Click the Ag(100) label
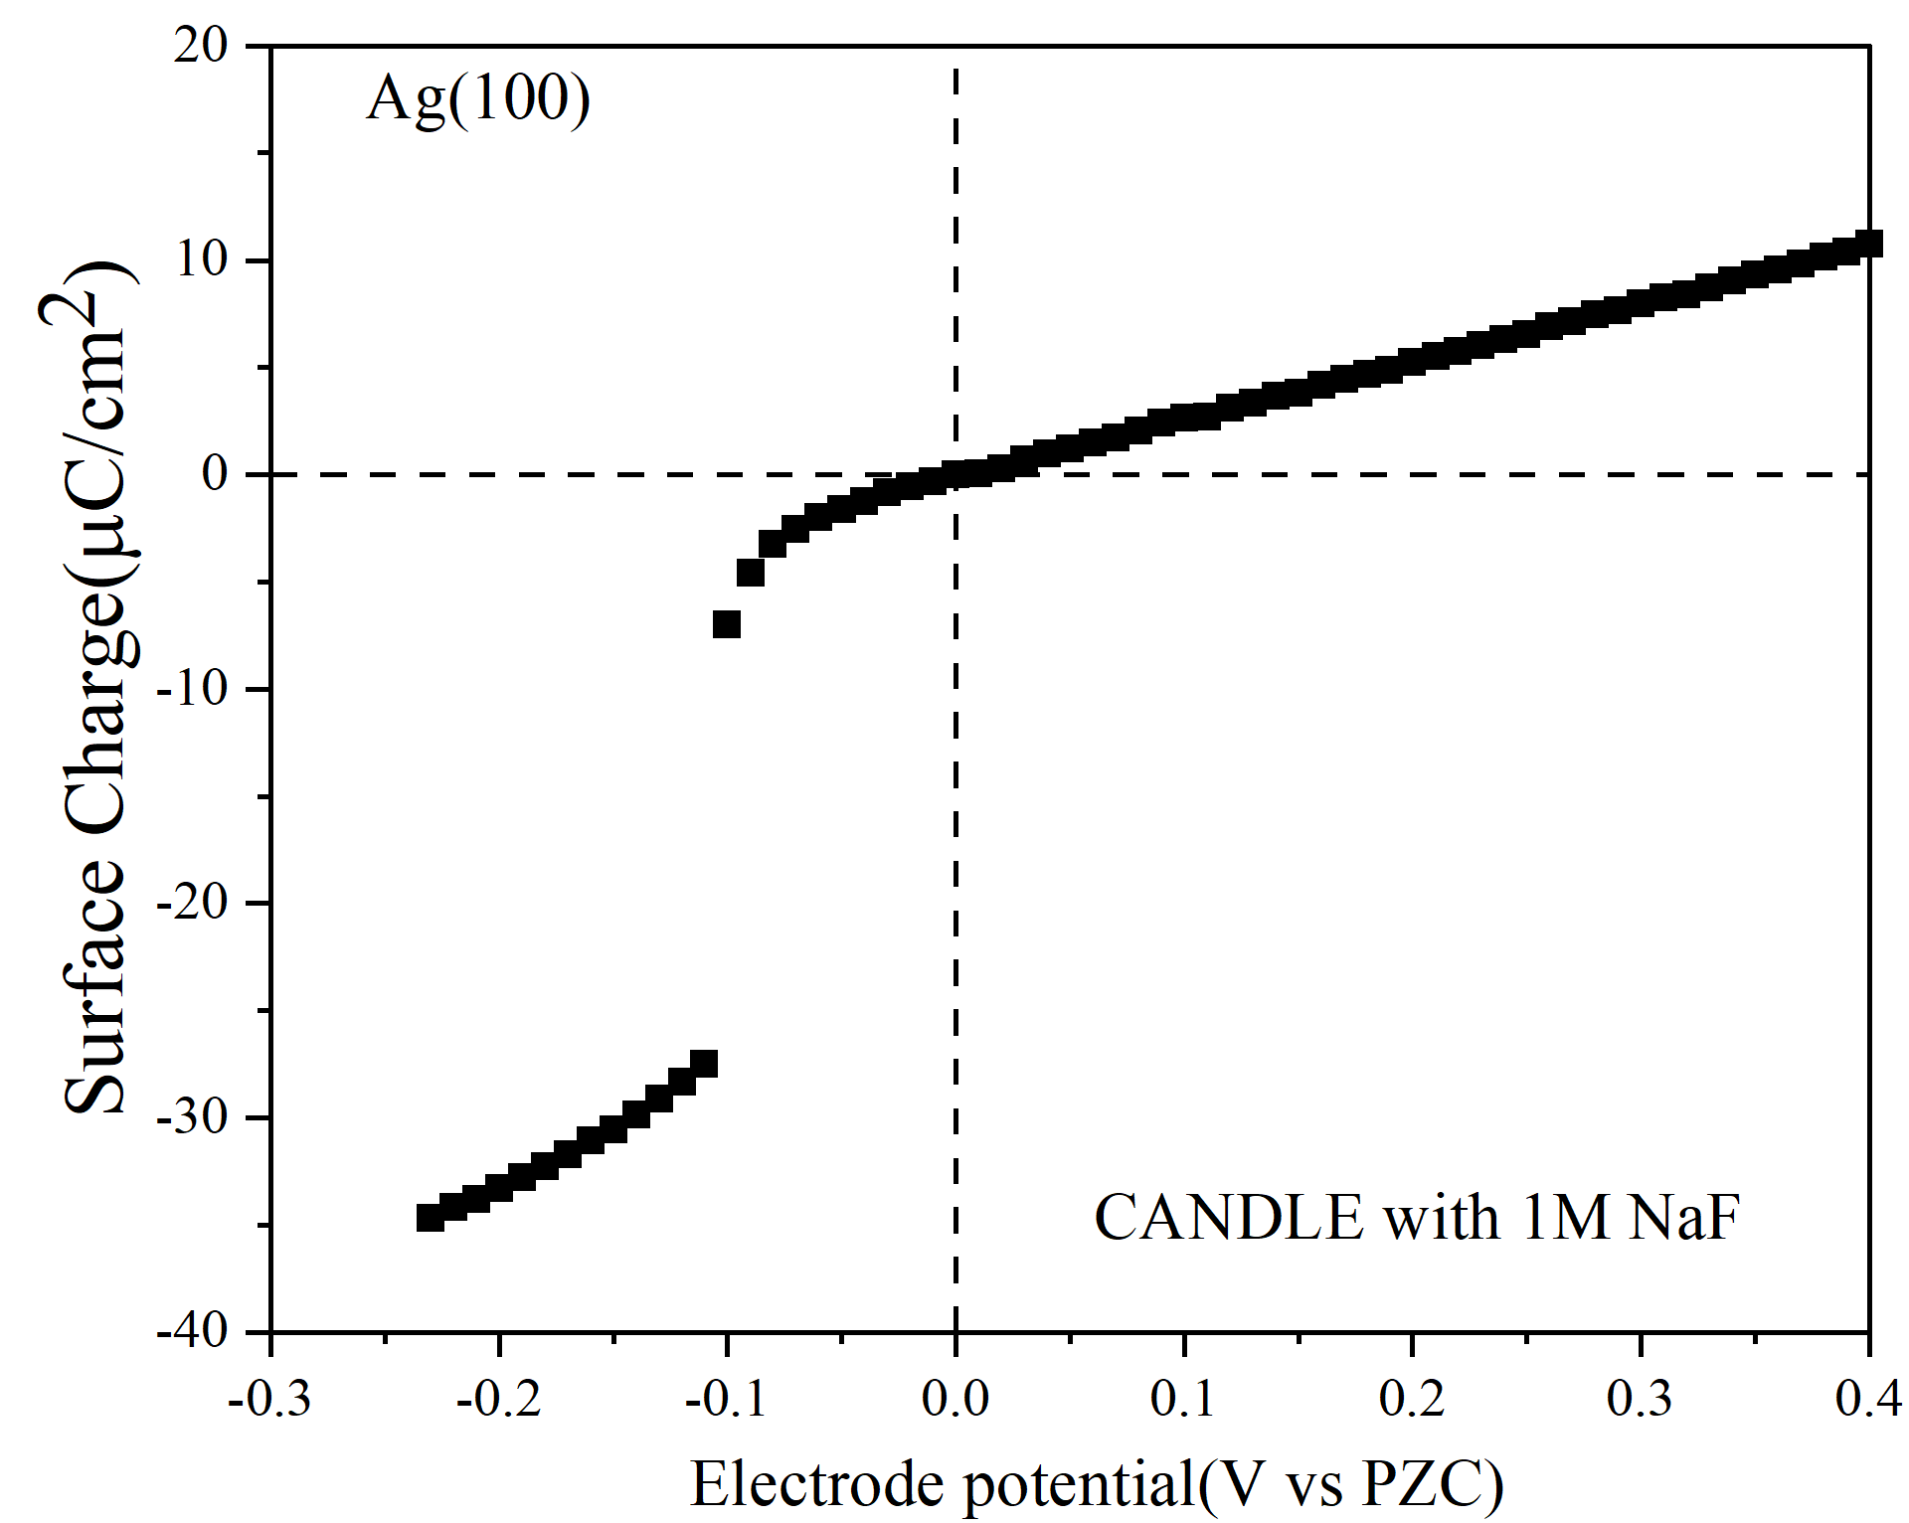tap(478, 100)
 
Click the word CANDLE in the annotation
tap(1228, 1218)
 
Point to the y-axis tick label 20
tap(201, 46)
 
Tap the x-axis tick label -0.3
tap(270, 1399)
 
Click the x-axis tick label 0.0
tap(955, 1399)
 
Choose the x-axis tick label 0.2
tap(1412, 1399)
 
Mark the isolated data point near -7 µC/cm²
tap(727, 624)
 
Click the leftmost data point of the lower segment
tap(430, 1218)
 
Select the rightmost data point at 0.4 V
tap(1869, 244)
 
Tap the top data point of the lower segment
tap(704, 1064)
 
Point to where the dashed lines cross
tap(955, 474)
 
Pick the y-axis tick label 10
tap(203, 260)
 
